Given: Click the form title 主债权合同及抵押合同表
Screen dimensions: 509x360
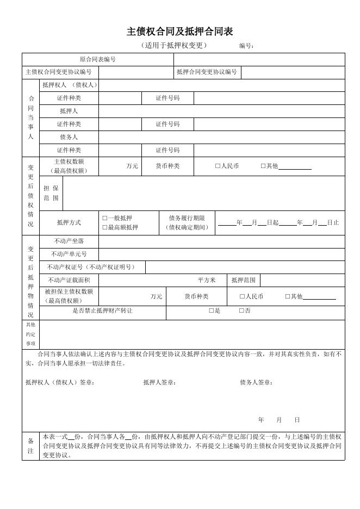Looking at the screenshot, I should (x=180, y=32).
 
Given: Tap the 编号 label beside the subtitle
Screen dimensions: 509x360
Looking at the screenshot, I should (x=246, y=46).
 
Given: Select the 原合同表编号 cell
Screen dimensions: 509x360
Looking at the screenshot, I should (x=98, y=59).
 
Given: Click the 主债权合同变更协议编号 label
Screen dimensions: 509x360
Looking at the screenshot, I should (x=59, y=72).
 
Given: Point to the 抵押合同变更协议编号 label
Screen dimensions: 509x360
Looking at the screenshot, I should (x=207, y=72).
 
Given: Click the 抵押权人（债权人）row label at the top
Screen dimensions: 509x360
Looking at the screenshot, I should (x=69, y=85).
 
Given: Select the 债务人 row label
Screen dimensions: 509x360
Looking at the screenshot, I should (x=69, y=137).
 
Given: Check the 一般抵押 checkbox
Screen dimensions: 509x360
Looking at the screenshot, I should (x=105, y=218).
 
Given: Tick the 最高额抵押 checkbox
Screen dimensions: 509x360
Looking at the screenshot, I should (x=105, y=227).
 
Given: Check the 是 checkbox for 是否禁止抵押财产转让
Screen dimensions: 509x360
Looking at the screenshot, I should (x=211, y=311).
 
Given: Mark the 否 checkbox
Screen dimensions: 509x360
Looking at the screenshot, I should (x=241, y=311).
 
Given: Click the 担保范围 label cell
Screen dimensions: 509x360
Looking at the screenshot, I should (x=51, y=193).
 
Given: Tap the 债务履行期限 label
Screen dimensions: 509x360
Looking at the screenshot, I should (x=187, y=218).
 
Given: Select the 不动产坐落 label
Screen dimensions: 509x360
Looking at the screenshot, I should (x=69, y=241).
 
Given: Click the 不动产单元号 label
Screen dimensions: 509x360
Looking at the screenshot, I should (x=69, y=254).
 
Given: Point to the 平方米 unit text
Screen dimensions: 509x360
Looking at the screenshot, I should (x=207, y=280).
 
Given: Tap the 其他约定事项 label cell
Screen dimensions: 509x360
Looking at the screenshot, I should (x=30, y=334).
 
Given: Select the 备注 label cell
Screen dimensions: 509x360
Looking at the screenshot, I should (x=30, y=446).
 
